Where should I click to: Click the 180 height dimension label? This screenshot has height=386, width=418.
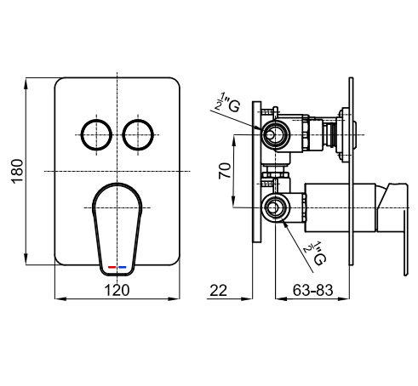click(x=17, y=172)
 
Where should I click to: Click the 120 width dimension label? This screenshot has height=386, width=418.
click(x=117, y=290)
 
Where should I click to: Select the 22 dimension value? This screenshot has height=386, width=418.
click(x=219, y=291)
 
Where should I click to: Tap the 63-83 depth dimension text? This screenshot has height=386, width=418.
click(x=312, y=290)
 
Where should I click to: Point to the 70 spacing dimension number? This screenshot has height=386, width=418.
click(x=225, y=171)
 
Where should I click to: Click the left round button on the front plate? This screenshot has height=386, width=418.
click(x=96, y=135)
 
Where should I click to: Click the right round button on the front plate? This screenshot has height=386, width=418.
click(x=138, y=135)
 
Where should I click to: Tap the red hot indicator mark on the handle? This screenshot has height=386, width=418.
click(x=112, y=267)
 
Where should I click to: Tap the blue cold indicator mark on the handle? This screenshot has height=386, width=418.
click(x=123, y=267)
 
